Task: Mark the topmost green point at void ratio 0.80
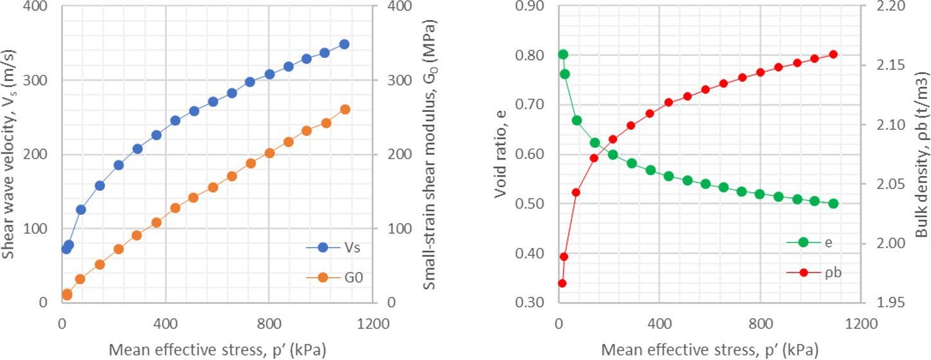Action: pyautogui.click(x=563, y=55)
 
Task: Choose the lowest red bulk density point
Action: pyautogui.click(x=562, y=283)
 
